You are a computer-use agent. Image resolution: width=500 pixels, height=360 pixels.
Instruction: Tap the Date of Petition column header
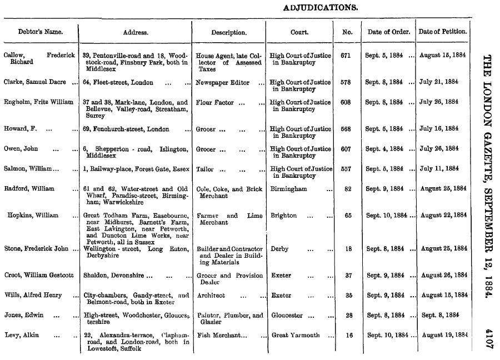443,32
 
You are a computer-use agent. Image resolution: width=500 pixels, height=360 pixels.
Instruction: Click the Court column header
299,32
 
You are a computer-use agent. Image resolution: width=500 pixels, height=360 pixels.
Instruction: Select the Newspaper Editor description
223,83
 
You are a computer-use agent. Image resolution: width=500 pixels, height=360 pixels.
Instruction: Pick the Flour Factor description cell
216,103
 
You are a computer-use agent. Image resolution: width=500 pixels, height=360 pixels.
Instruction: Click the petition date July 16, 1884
439,129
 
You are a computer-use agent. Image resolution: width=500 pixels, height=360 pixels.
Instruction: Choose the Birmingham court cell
289,189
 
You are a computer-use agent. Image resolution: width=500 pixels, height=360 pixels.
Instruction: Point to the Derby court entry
279,249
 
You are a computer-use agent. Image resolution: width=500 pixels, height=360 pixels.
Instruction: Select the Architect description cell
212,296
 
